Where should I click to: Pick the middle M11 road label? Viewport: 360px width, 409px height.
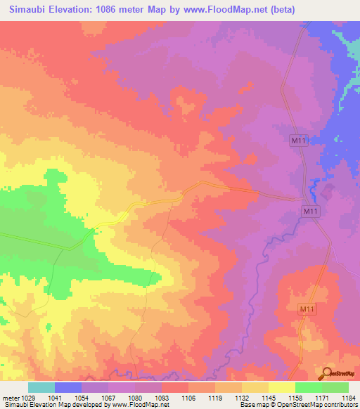point(311,211)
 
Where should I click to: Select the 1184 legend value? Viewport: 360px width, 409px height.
point(347,398)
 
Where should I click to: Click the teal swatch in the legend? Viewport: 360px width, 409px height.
point(41,387)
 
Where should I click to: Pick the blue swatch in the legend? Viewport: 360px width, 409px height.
point(68,387)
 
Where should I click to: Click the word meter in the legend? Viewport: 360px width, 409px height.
point(11,398)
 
